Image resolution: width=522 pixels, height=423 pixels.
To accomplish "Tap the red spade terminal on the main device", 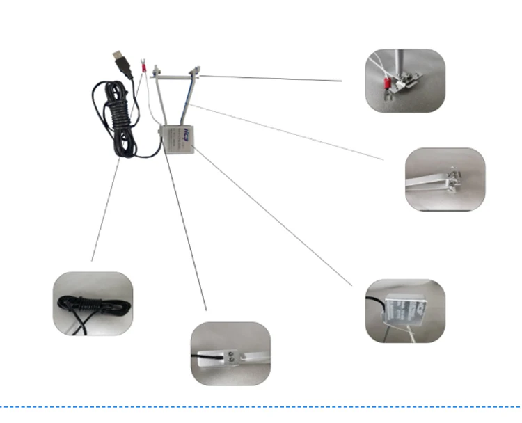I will (x=143, y=64).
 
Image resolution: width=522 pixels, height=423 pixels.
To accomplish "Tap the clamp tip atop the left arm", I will (x=157, y=70).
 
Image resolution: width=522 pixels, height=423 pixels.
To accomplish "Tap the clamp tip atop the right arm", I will (x=198, y=69).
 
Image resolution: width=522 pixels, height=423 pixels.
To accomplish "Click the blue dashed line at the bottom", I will (x=261, y=406).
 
